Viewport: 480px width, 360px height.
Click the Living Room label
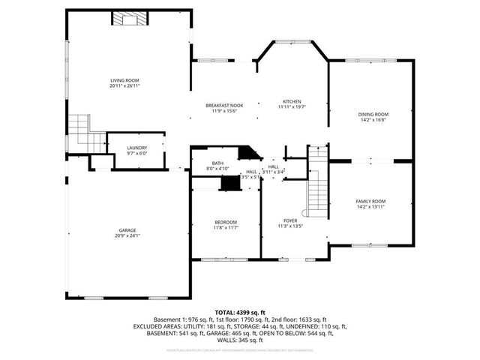[125, 80]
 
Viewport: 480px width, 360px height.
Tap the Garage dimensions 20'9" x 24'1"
[128, 236]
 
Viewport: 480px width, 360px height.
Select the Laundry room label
[137, 148]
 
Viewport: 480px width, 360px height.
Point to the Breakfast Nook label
[224, 106]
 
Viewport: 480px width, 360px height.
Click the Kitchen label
[292, 101]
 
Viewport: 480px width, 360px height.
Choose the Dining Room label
[373, 114]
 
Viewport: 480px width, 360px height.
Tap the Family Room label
[370, 201]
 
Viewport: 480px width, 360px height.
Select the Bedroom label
[226, 222]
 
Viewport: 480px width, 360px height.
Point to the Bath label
[217, 163]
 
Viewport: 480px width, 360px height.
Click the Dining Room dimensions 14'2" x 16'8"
[373, 120]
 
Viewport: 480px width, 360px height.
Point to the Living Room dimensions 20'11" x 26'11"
[125, 86]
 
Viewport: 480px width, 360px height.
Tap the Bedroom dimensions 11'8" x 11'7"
[226, 228]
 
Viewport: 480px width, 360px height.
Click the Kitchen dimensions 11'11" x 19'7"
[292, 107]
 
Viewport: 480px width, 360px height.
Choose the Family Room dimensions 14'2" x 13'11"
[370, 207]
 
